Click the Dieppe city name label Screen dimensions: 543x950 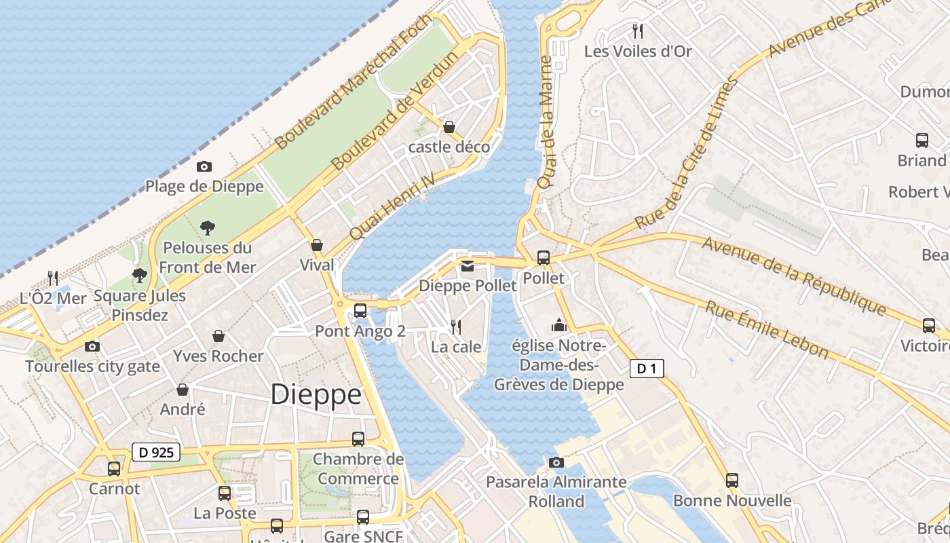(x=316, y=394)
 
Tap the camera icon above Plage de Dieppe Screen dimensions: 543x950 (x=204, y=166)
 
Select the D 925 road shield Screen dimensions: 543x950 (x=155, y=452)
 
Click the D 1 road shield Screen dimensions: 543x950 (x=647, y=369)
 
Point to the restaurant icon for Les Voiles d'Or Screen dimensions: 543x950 (x=637, y=31)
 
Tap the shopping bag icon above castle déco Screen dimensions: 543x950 (x=449, y=127)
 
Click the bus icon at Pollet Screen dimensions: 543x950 (x=544, y=258)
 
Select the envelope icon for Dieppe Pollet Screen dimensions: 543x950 (x=468, y=266)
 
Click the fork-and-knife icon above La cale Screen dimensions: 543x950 (x=456, y=327)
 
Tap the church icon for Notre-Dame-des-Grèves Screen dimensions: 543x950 (x=559, y=326)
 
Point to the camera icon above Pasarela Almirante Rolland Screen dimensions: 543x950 (x=556, y=463)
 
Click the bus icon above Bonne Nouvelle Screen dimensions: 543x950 (x=731, y=481)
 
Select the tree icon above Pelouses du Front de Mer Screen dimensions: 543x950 (x=208, y=228)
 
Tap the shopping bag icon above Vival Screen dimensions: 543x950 (x=317, y=245)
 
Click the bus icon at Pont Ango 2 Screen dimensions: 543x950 (x=360, y=311)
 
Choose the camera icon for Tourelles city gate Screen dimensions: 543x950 (x=92, y=347)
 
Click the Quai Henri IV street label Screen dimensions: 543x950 (x=392, y=205)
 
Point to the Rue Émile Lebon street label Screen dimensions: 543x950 (x=767, y=329)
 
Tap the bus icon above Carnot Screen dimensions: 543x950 (x=114, y=469)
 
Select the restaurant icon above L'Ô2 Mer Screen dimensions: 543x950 (x=53, y=278)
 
